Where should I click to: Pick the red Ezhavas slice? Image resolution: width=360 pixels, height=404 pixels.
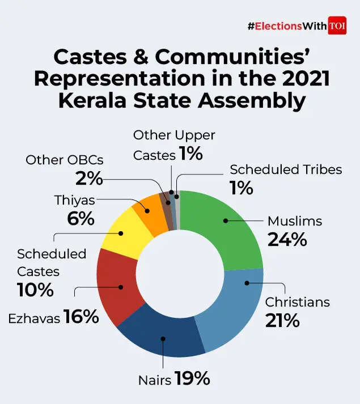[116, 286]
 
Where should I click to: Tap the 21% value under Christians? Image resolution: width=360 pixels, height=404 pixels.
[282, 320]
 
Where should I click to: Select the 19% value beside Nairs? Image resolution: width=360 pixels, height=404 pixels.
[192, 379]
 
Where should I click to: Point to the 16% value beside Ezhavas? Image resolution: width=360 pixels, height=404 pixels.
[81, 317]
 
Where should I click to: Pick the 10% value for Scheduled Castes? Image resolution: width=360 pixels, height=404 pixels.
[36, 290]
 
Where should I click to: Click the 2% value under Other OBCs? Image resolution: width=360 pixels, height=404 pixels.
[89, 178]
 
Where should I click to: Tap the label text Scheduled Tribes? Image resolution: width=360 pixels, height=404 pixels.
[286, 169]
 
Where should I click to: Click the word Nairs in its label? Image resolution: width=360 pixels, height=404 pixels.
[154, 380]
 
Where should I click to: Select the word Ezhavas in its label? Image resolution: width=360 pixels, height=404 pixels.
[34, 318]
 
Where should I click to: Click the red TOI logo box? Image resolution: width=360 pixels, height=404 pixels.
[337, 26]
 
